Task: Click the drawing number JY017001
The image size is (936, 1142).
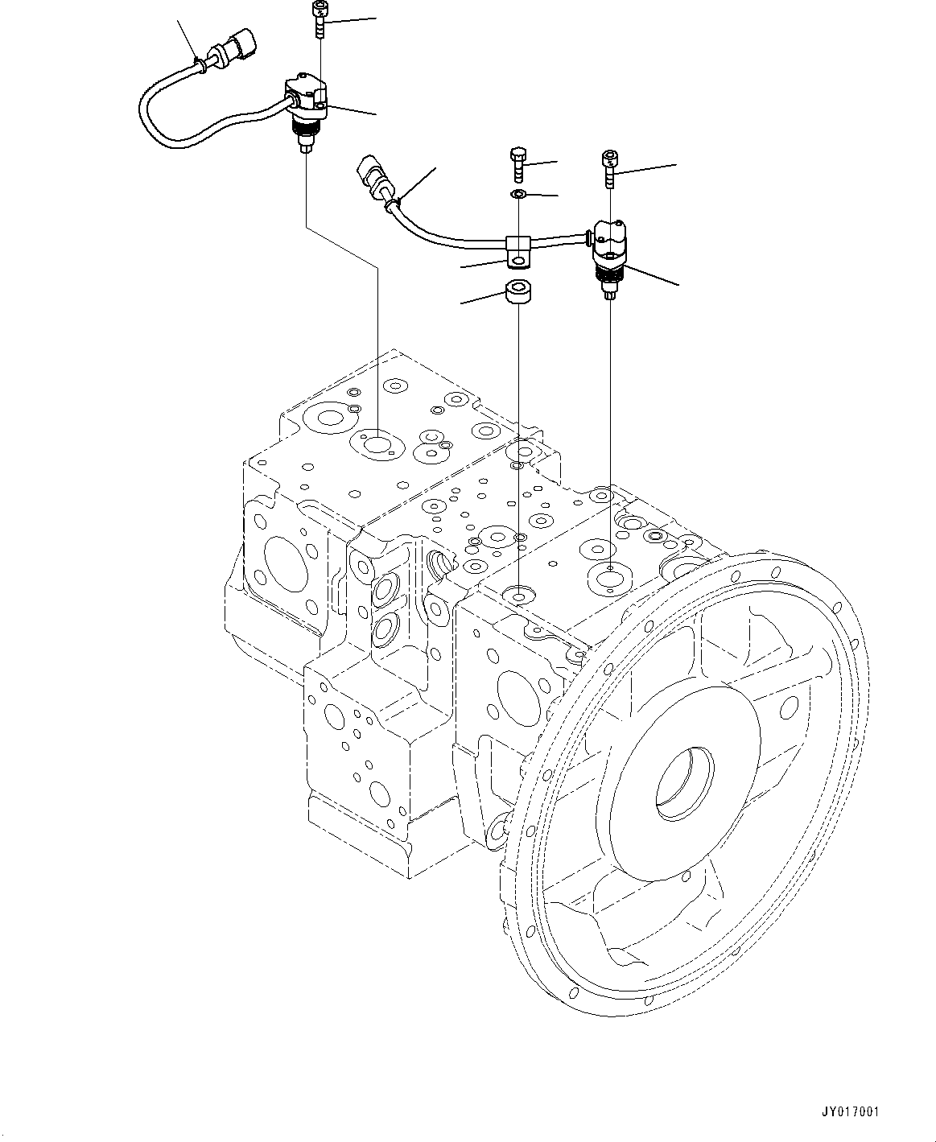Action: pos(851,1112)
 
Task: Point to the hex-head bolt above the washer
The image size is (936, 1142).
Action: pos(519,165)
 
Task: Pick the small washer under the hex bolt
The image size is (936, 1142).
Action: pos(519,195)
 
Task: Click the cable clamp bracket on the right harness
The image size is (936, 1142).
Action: pos(518,249)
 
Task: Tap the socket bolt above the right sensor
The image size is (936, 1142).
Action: pos(611,167)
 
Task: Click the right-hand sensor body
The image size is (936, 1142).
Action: pos(611,241)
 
